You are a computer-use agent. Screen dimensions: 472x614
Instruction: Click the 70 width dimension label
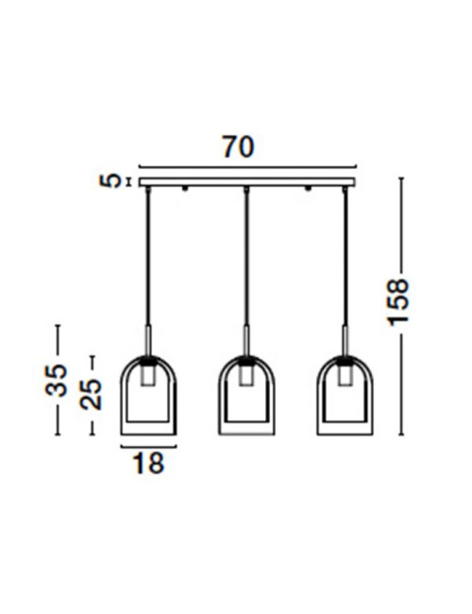click(x=238, y=146)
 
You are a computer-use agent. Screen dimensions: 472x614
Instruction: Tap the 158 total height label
click(x=397, y=302)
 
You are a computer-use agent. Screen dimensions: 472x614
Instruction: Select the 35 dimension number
click(x=56, y=380)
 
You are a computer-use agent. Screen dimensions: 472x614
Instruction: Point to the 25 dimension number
click(x=91, y=394)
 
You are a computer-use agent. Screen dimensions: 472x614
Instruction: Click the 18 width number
click(x=148, y=463)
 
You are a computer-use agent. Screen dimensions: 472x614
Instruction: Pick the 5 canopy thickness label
click(x=110, y=181)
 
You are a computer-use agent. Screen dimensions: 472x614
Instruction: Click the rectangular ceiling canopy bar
click(x=247, y=182)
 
